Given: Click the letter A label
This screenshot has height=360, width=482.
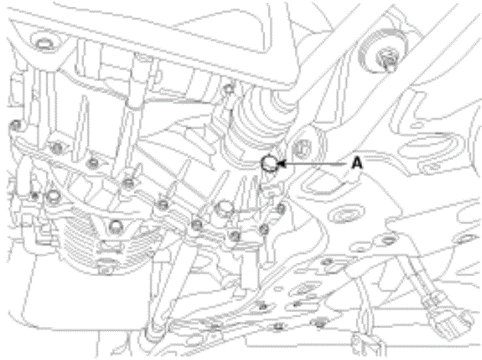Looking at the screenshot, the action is point(357,163).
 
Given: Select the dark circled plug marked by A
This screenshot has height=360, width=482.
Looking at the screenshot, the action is point(270,163).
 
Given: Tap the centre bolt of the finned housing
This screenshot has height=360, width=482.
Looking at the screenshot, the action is point(116,226).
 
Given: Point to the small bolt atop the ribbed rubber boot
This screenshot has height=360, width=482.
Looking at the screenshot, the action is point(228,89).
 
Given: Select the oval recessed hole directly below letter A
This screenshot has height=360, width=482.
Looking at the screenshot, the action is point(346,215).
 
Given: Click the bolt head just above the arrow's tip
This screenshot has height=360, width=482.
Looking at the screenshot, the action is point(302,147).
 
